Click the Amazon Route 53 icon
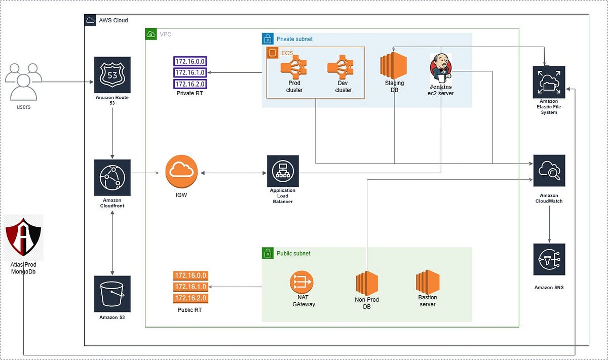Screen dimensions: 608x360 112,75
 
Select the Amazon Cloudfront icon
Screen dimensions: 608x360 112,177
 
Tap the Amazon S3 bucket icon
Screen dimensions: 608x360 112,294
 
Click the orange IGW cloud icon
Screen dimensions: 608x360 181,172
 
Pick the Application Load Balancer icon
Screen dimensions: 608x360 283,171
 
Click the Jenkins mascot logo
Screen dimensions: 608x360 441,68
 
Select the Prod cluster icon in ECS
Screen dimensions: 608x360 294,67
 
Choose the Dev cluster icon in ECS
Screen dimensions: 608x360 340,67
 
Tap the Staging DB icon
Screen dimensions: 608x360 394,65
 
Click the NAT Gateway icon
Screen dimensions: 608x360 301,282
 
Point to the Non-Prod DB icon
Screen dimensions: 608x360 367,283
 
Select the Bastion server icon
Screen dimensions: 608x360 428,282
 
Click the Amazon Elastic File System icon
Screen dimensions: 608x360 549,82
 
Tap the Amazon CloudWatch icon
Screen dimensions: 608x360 549,171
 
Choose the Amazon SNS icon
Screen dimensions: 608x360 549,259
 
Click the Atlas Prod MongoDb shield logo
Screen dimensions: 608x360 23,237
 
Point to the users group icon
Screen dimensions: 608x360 24,82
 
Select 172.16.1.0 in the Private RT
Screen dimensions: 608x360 190,72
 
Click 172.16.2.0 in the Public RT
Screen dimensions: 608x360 191,298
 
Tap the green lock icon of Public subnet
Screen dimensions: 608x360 268,253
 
